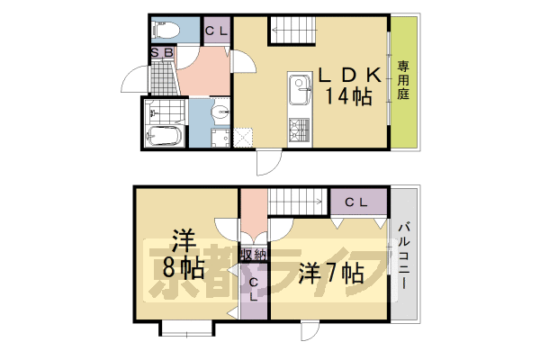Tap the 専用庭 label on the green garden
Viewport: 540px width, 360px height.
click(x=404, y=80)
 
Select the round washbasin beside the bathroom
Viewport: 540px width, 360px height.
click(x=220, y=112)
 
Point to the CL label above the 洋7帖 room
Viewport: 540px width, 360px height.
click(x=356, y=202)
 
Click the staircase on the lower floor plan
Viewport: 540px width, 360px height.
click(x=296, y=202)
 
